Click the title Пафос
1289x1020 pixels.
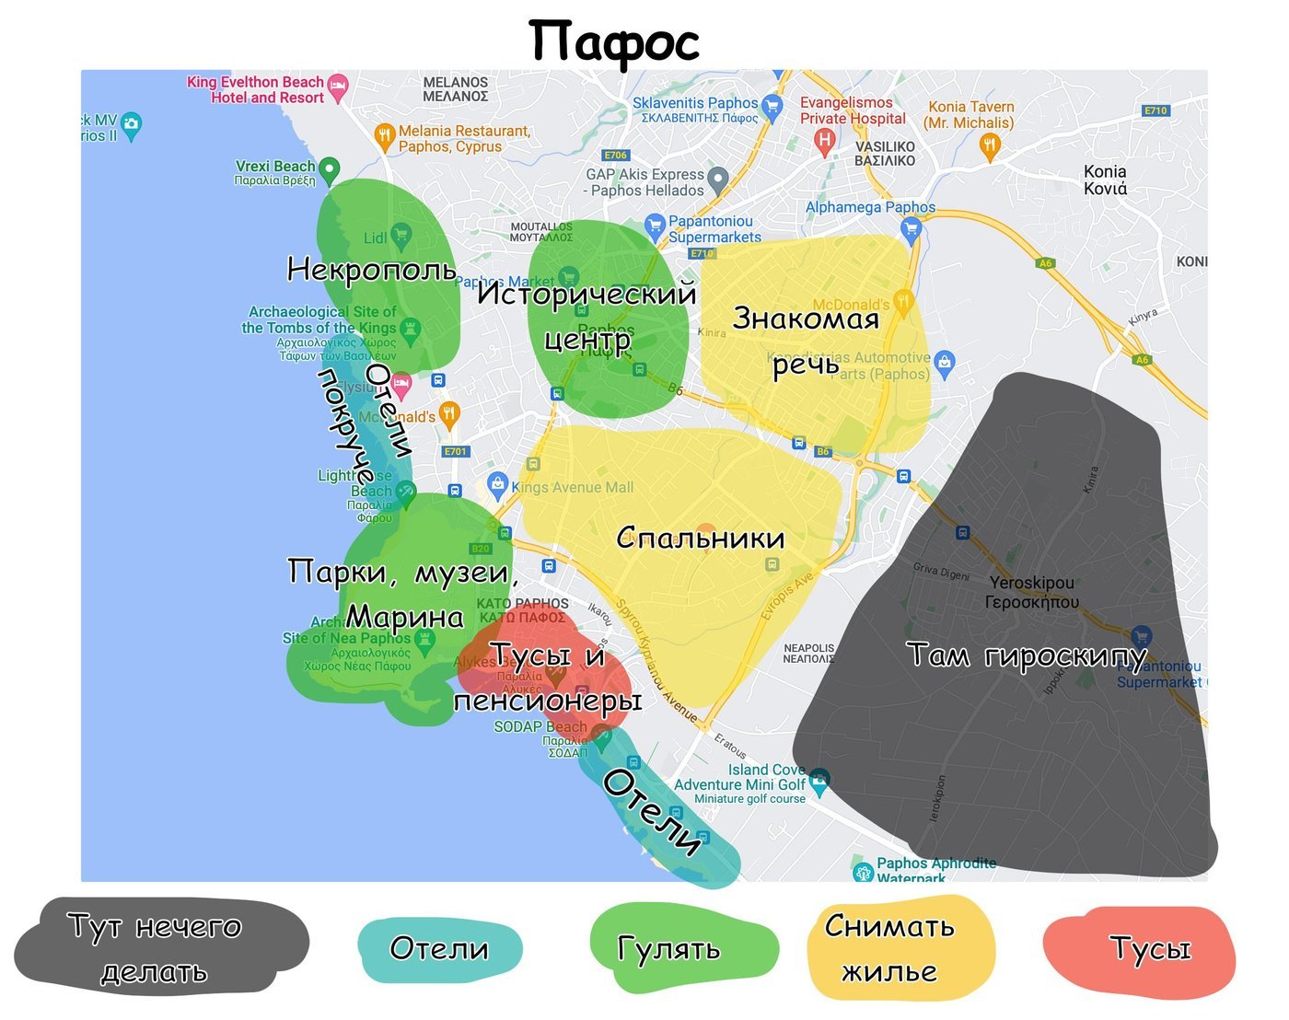614,42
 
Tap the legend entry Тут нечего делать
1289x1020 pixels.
157,947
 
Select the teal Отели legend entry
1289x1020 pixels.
439,948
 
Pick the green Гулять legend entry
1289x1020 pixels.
670,948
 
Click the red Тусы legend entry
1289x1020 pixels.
1150,948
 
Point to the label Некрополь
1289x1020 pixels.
371,270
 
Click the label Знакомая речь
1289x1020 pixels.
806,341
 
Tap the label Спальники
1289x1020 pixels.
700,539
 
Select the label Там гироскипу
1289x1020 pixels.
1027,655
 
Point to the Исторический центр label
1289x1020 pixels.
586,316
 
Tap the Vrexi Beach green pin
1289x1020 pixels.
329,169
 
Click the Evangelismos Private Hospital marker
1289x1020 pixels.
825,140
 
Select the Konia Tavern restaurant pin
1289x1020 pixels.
990,145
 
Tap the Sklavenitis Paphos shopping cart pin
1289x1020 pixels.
772,105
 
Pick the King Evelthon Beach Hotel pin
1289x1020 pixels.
338,87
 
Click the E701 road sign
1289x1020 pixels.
456,451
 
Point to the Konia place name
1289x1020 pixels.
1105,180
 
